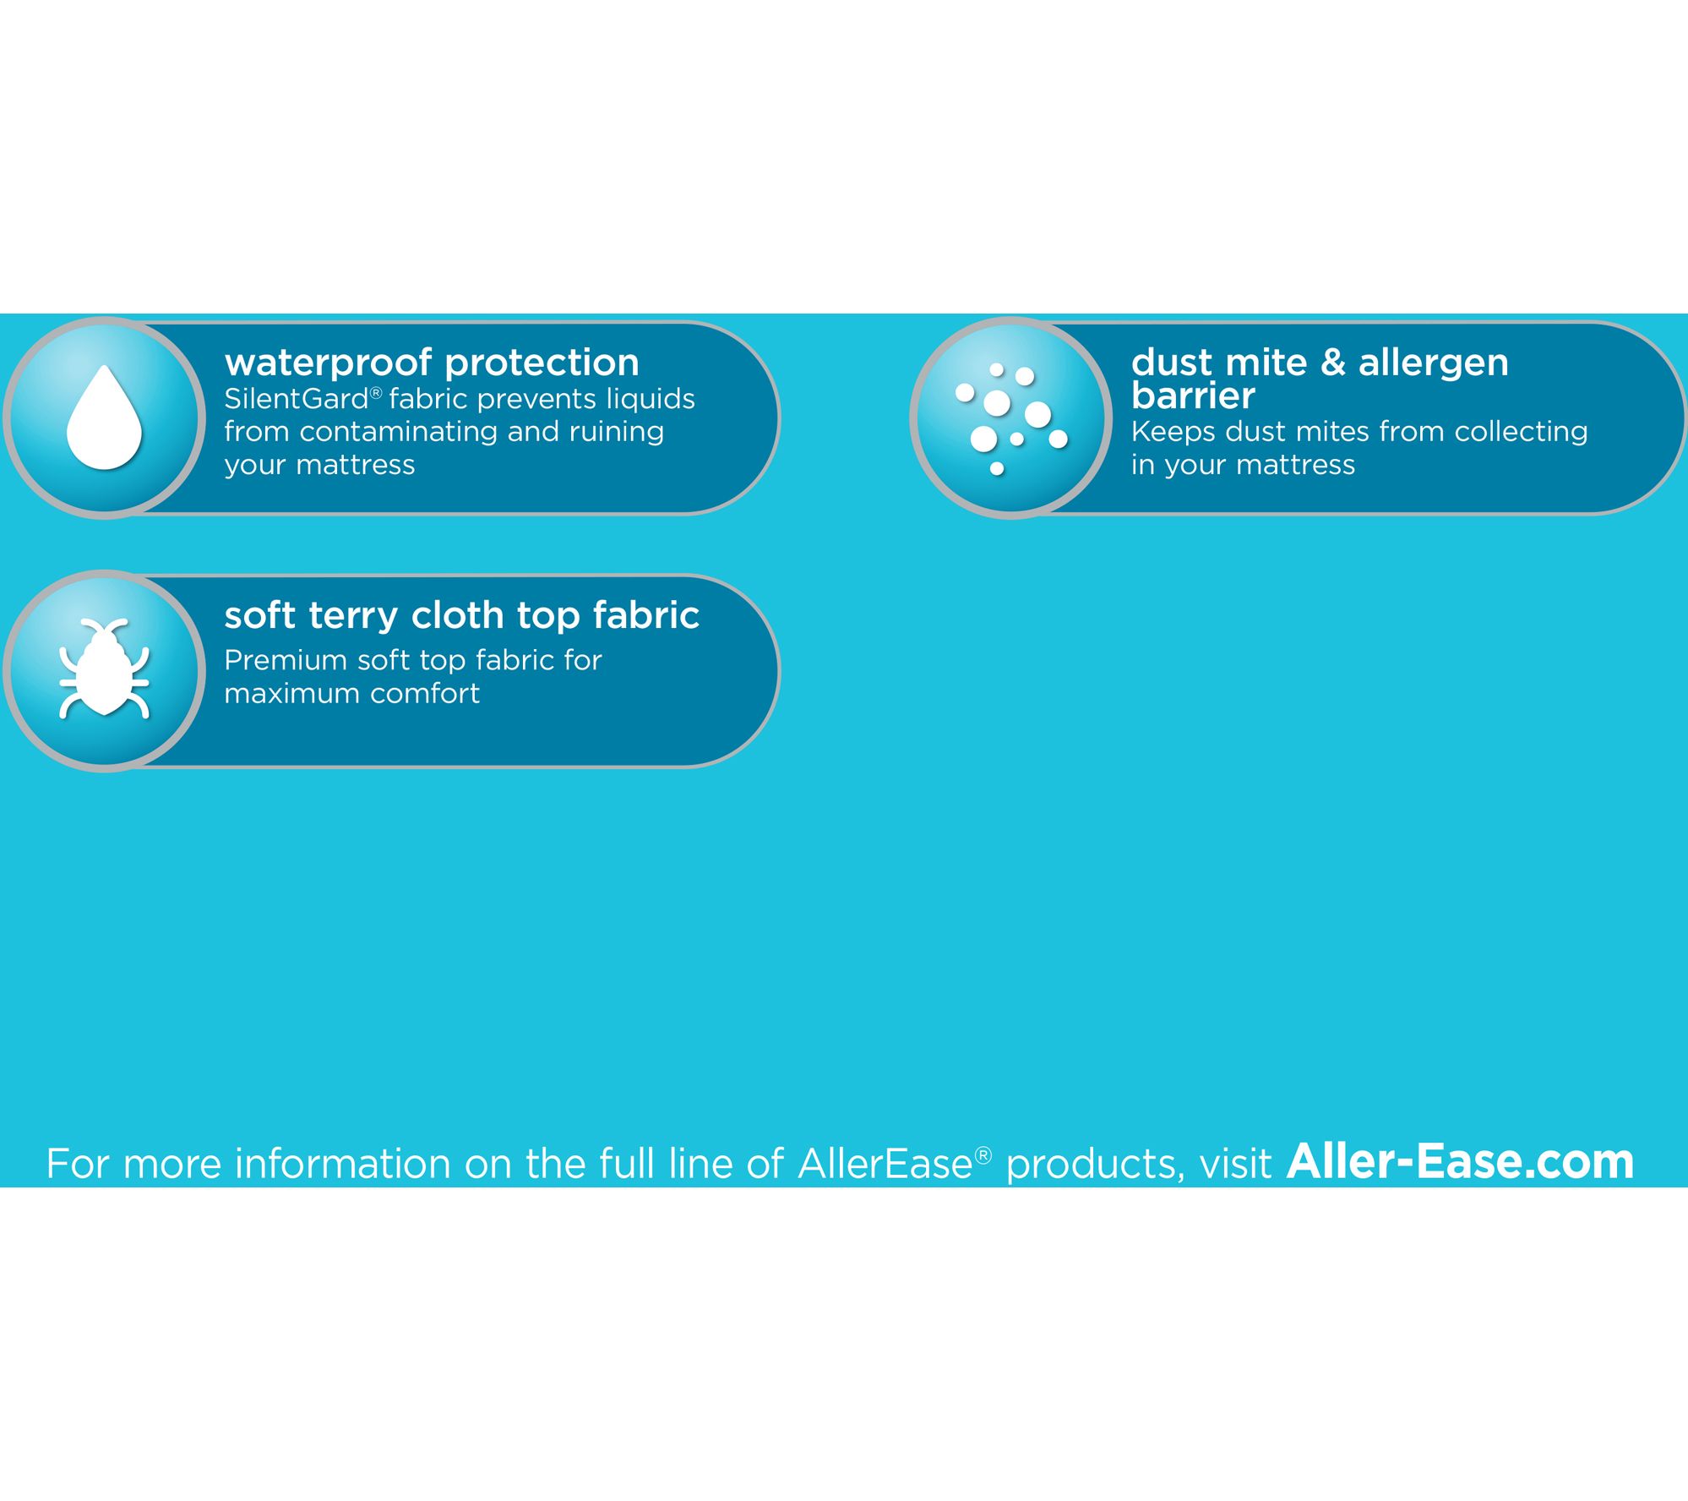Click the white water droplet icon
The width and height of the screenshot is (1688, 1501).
(x=104, y=418)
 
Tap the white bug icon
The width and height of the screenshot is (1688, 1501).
(x=104, y=669)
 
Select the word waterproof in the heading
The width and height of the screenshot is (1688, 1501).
(x=329, y=364)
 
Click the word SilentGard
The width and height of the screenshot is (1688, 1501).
(x=297, y=399)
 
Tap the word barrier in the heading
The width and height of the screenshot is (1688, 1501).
(x=1193, y=396)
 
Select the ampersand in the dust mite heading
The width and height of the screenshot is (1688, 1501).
(x=1333, y=363)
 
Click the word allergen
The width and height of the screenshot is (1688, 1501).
(x=1433, y=364)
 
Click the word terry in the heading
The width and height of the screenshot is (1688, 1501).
(x=353, y=617)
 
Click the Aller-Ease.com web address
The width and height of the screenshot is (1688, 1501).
(x=1460, y=1161)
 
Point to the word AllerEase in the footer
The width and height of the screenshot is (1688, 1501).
(x=885, y=1163)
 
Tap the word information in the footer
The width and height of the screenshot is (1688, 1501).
(x=345, y=1163)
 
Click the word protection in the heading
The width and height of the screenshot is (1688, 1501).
(x=542, y=364)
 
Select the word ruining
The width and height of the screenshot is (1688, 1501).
(x=617, y=433)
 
